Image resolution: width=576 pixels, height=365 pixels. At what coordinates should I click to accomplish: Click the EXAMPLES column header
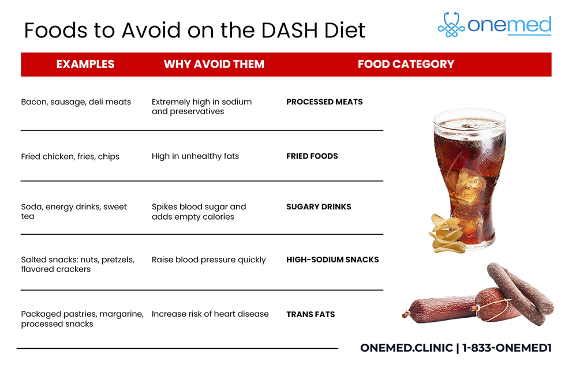click(x=85, y=64)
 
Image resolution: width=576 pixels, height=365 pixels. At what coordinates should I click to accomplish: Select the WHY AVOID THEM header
click(x=214, y=64)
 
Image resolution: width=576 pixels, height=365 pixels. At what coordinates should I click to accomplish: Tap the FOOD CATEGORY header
click(x=406, y=64)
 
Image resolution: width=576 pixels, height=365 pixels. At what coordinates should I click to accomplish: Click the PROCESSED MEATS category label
click(x=324, y=101)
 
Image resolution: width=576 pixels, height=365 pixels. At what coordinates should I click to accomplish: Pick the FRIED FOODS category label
click(x=312, y=156)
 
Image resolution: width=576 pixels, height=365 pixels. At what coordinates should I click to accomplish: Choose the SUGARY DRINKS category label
click(x=319, y=206)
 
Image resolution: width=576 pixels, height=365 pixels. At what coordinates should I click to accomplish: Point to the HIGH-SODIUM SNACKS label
click(x=332, y=259)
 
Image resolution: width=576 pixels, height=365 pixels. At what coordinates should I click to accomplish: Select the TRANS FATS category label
click(x=311, y=314)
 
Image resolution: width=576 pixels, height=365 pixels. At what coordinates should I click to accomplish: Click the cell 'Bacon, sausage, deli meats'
click(x=76, y=102)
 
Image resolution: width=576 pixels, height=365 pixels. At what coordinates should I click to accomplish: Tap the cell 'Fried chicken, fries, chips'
click(x=70, y=156)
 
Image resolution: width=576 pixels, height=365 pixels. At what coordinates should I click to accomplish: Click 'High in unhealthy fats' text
click(x=195, y=156)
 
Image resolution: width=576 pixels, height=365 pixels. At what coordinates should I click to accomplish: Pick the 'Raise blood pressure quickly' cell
click(x=208, y=260)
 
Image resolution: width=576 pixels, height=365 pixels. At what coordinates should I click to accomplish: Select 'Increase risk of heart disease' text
click(x=210, y=314)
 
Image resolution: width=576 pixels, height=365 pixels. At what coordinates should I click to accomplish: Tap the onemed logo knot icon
click(x=451, y=25)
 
